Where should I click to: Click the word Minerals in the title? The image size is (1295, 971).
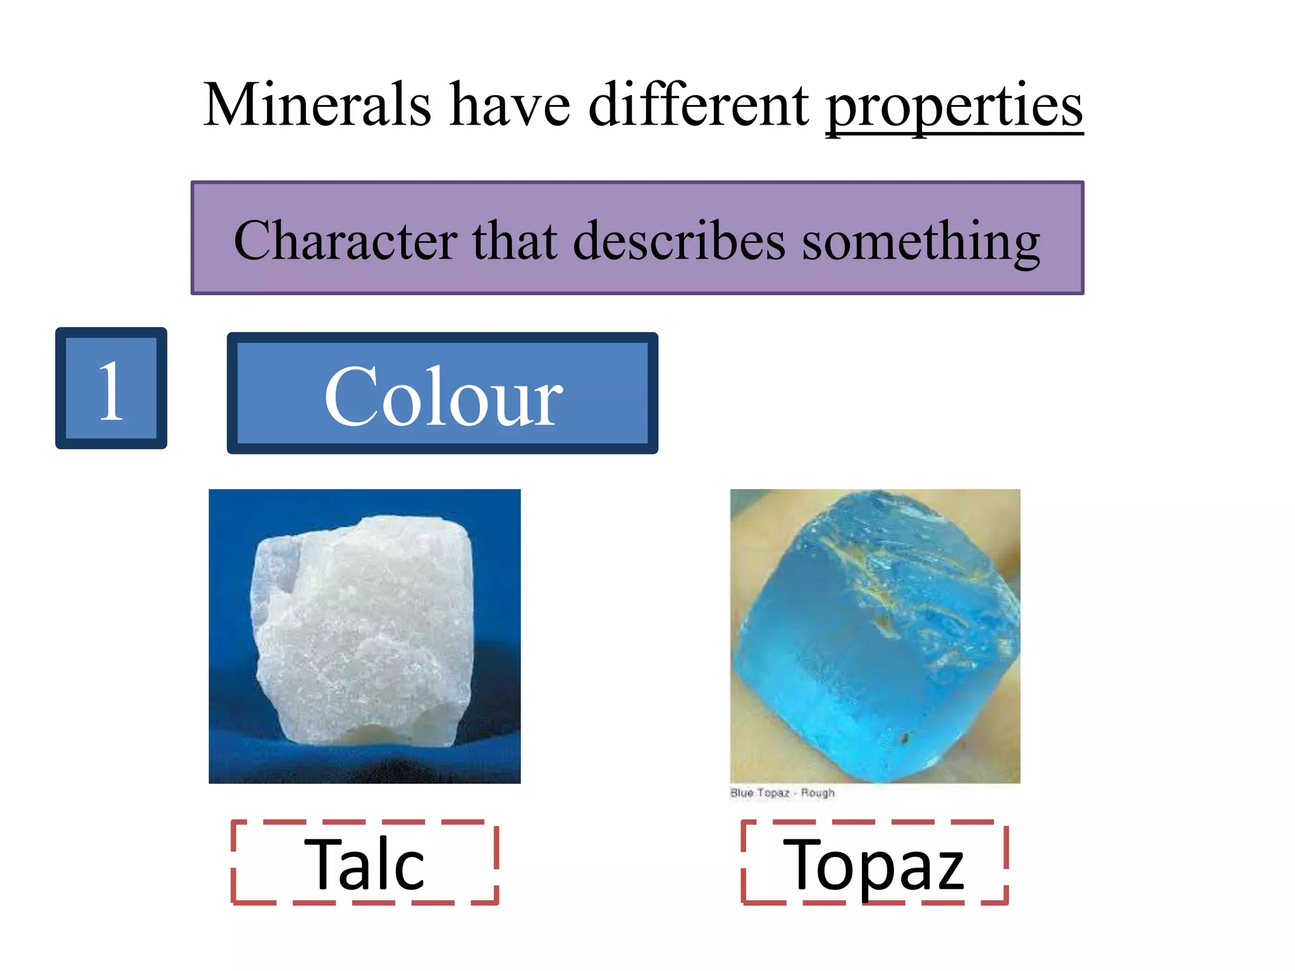point(317,104)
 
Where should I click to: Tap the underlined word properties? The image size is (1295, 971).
point(954,106)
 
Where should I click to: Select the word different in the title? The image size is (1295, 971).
point(698,104)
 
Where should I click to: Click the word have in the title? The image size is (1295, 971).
point(510,104)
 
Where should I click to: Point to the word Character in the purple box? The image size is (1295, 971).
point(345,241)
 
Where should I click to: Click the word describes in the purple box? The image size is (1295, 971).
point(679,241)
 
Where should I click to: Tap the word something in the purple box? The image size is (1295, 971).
point(921,242)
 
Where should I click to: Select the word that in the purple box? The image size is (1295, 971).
point(515,241)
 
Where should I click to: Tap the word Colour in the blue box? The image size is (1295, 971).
point(443,396)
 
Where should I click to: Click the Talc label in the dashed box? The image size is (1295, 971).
point(365,864)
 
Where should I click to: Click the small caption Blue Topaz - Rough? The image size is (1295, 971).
point(782,793)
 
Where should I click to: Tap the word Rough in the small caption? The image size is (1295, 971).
point(818,793)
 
